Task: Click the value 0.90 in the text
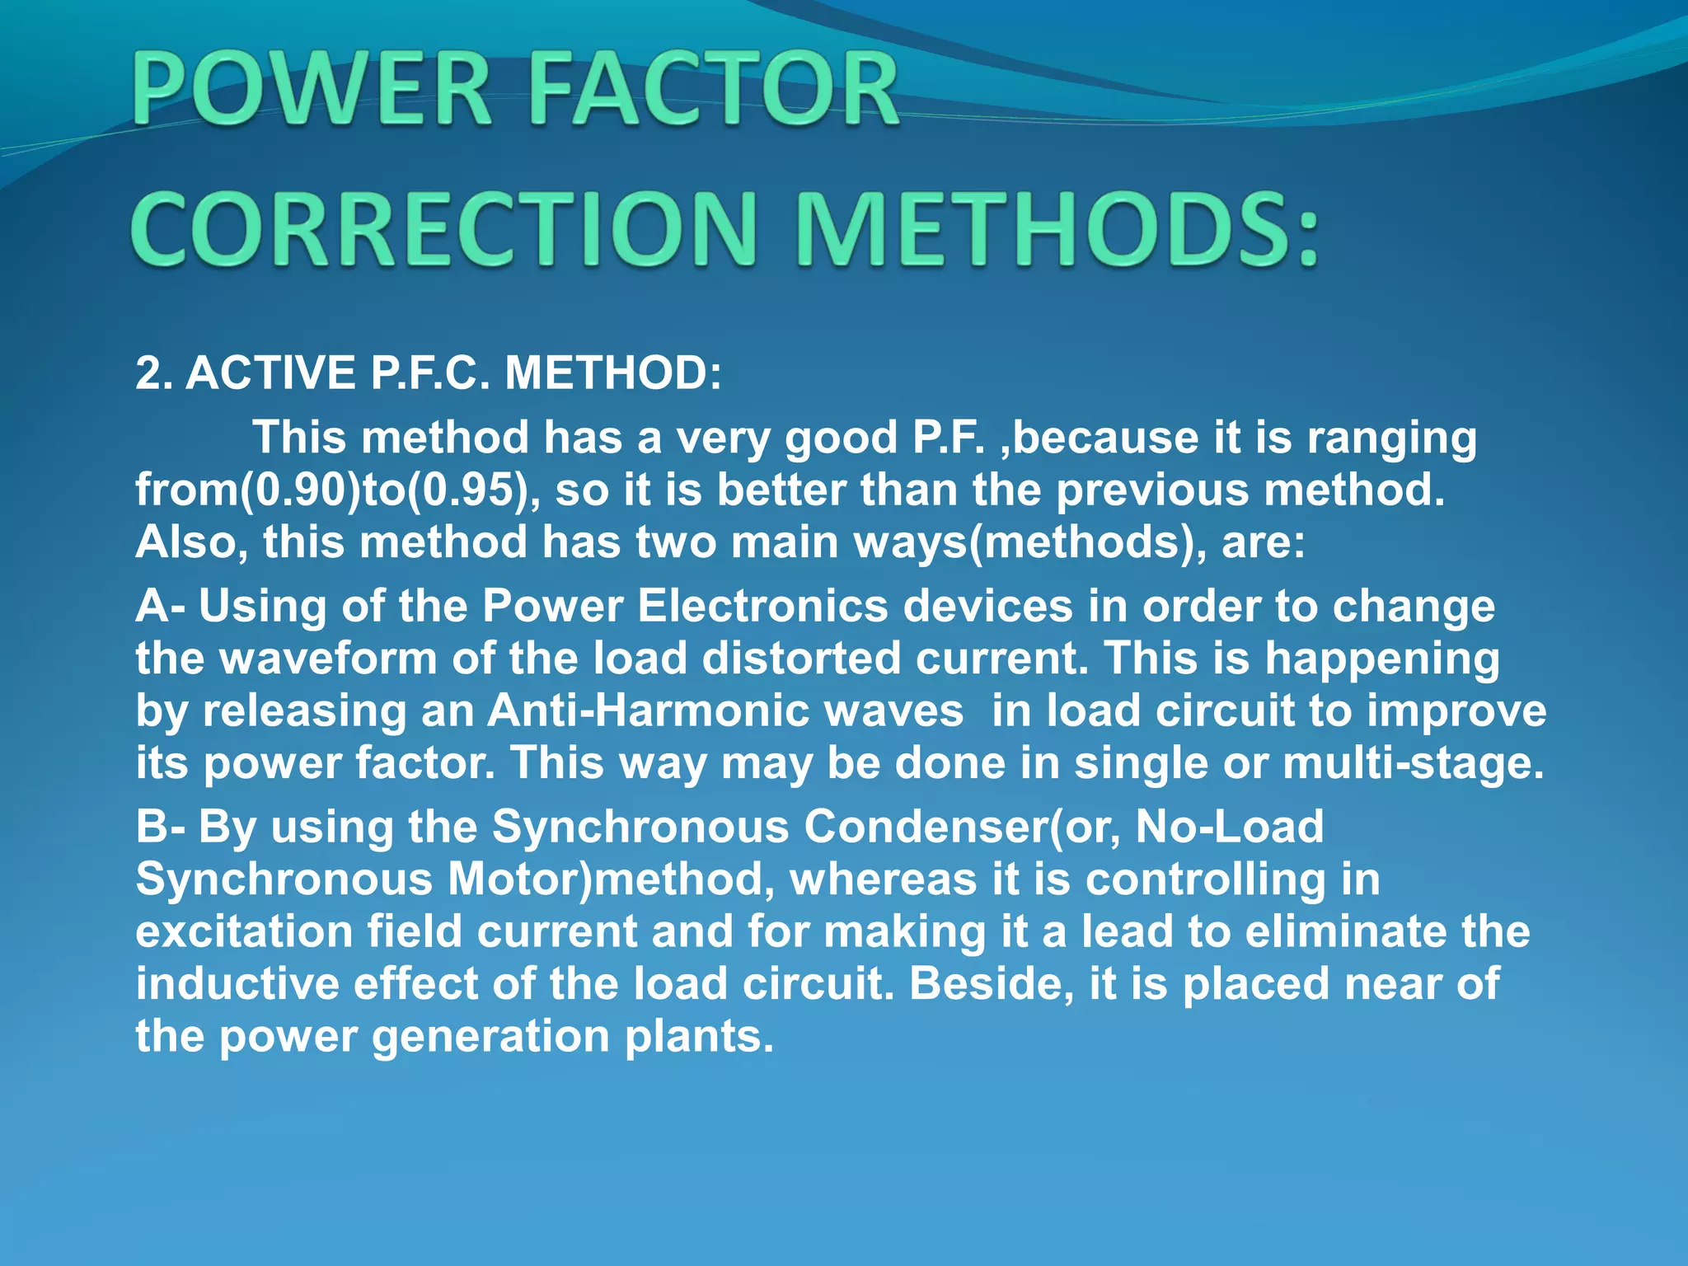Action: tap(301, 490)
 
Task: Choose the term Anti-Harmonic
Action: tap(725, 710)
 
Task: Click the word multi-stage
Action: tap(1413, 763)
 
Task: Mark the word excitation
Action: tap(244, 931)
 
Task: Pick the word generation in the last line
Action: tap(490, 1037)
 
